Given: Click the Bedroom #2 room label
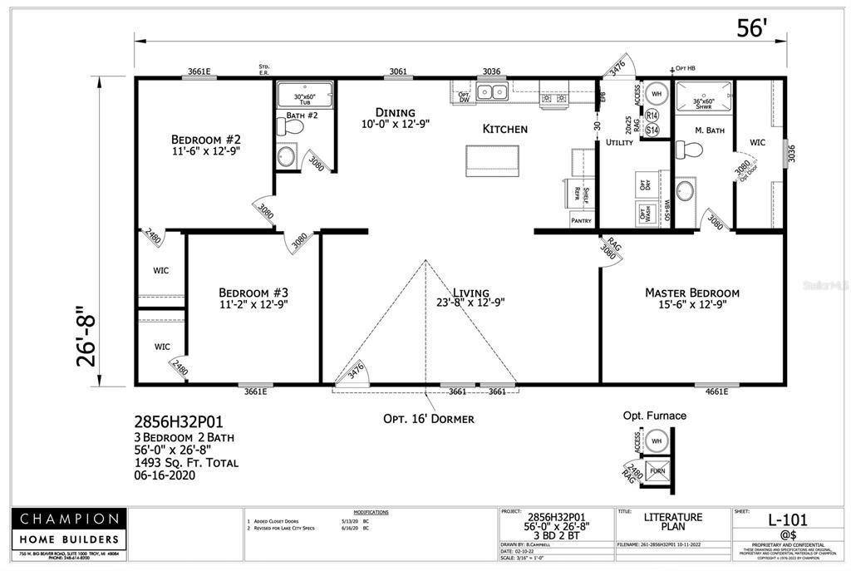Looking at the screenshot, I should pos(205,139).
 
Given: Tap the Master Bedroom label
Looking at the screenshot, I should pos(691,293).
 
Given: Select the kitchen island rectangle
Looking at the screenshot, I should pos(492,159).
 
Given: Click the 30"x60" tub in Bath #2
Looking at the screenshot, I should pos(304,95).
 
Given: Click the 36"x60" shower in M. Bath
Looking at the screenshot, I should pos(703,97).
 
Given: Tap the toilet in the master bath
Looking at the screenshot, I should pos(689,150).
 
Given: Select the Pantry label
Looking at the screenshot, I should pos(581,220).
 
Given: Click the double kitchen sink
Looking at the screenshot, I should pos(493,91).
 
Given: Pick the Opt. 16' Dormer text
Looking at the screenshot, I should pos(429,419).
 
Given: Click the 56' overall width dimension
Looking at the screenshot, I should pos(750,27).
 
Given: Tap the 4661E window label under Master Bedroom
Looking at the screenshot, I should pos(716,391).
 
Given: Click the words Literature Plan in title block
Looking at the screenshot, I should pos(673,522).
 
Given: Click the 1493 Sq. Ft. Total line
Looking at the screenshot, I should pos(186,462).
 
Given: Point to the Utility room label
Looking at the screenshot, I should pos(619,143).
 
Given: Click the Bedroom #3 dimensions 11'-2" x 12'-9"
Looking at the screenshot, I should pos(253,305).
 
